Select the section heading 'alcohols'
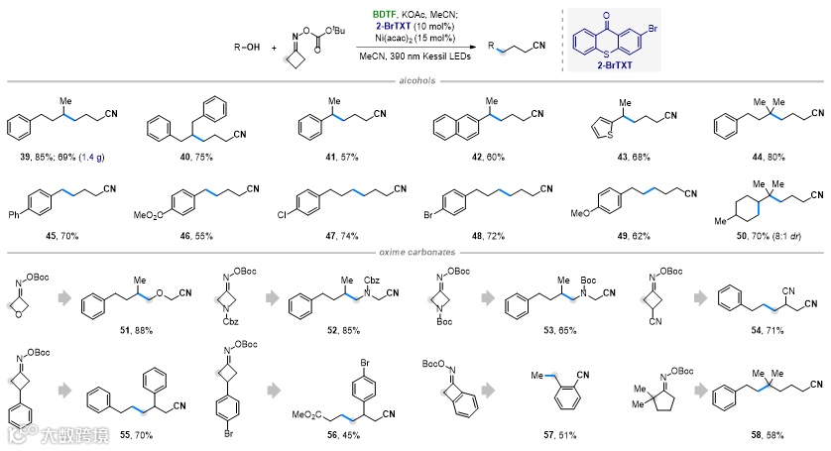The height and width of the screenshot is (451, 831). point(415,83)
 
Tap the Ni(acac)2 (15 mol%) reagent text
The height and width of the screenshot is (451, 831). point(415,36)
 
